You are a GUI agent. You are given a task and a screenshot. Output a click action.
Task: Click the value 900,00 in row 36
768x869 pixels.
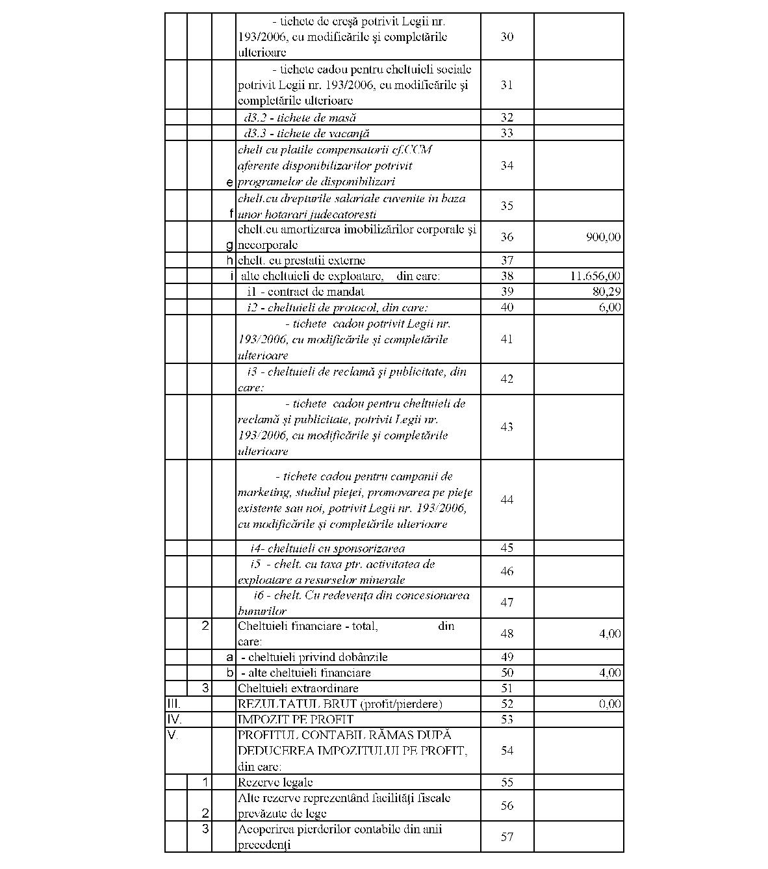603,237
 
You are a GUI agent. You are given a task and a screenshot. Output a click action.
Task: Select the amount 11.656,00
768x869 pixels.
595,276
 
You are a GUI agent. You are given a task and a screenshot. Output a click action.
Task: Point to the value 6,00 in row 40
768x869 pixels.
609,307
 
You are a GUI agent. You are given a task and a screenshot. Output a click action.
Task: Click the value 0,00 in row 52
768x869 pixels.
609,704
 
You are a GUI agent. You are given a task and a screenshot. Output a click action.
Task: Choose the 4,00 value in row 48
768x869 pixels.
609,634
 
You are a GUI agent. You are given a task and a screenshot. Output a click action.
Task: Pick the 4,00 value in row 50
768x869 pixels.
609,673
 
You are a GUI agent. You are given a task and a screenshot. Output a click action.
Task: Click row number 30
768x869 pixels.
507,37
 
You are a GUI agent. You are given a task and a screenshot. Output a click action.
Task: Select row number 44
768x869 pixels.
507,500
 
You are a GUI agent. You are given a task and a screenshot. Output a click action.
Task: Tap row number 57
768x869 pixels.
507,837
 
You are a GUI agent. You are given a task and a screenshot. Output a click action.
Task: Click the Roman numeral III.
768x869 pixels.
173,704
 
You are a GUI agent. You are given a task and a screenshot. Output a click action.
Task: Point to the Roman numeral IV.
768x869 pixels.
174,720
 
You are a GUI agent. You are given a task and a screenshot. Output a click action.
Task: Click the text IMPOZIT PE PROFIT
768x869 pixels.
296,720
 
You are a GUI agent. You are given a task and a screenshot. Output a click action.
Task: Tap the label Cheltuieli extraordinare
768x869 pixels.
298,688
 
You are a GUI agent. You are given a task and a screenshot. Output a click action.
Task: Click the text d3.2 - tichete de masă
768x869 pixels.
300,118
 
